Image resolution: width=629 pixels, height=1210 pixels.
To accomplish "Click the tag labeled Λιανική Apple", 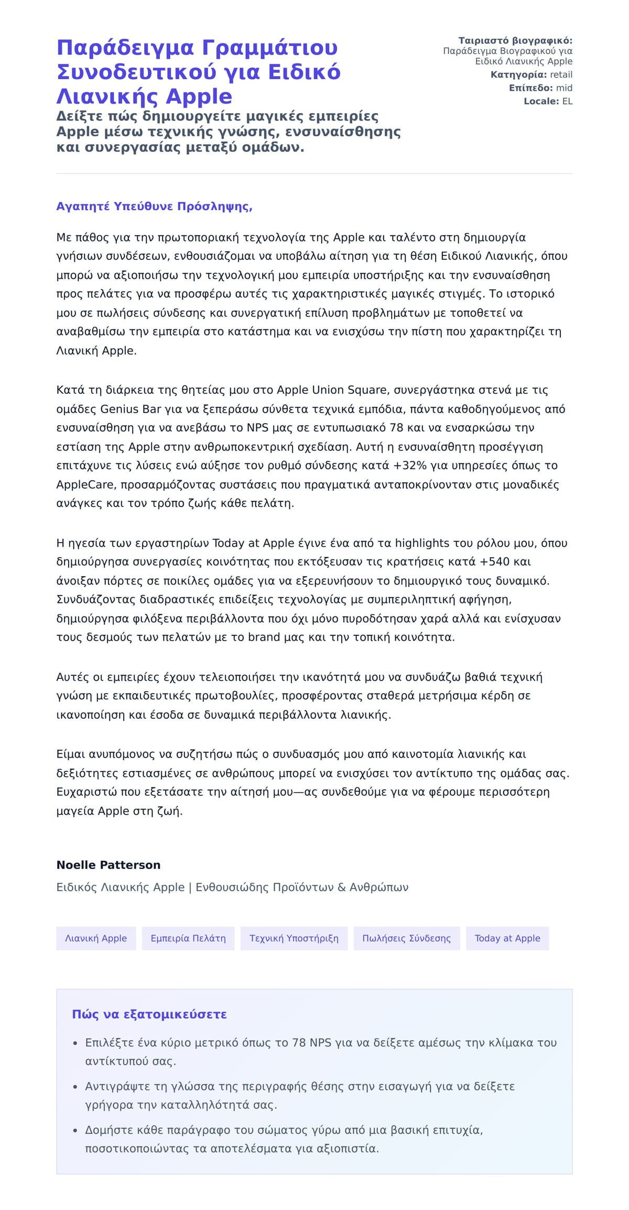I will pyautogui.click(x=96, y=938).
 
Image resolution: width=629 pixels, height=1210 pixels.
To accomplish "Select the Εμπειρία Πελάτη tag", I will pyautogui.click(x=188, y=938).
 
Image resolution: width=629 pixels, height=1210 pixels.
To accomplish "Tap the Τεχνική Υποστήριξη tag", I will pyautogui.click(x=294, y=938).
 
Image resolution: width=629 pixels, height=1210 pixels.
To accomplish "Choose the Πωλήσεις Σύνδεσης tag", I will pyautogui.click(x=406, y=938).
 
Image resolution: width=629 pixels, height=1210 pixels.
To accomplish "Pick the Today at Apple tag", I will pyautogui.click(x=507, y=938).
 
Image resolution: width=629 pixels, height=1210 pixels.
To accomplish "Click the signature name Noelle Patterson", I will pyautogui.click(x=109, y=865).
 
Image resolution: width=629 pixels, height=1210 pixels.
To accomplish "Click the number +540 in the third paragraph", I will pyautogui.click(x=494, y=561).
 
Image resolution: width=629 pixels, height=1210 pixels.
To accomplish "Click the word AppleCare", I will pyautogui.click(x=85, y=484).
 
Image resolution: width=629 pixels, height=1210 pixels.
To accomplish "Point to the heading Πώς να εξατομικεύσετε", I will pyautogui.click(x=149, y=1014).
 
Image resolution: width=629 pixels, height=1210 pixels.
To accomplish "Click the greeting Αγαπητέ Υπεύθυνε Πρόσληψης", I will pyautogui.click(x=154, y=206).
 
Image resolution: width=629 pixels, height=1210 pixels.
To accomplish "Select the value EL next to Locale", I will pyautogui.click(x=567, y=101).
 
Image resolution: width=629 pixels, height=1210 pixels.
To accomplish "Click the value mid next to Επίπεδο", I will pyautogui.click(x=564, y=88).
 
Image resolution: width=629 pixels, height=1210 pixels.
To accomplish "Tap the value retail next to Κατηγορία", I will pyautogui.click(x=561, y=74).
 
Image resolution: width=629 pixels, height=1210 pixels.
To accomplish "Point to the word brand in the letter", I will pyautogui.click(x=264, y=637).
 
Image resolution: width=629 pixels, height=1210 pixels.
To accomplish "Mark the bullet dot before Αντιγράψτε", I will pyautogui.click(x=75, y=1087).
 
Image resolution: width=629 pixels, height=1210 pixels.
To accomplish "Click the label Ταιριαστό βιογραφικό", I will pyautogui.click(x=515, y=40).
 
